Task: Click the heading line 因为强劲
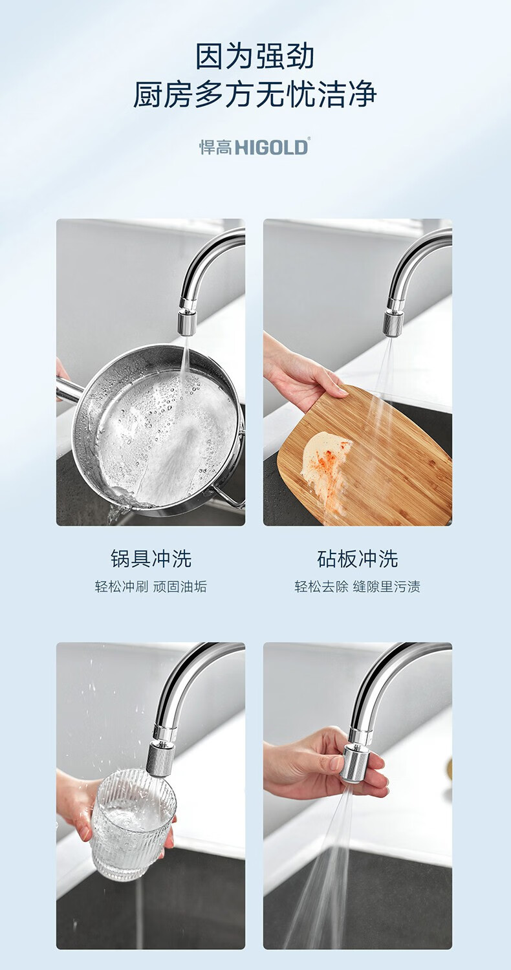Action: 255,56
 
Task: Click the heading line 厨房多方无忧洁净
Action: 255,94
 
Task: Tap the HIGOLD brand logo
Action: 254,146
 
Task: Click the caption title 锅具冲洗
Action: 151,558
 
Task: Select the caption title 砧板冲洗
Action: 357,558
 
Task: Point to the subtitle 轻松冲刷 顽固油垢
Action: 151,587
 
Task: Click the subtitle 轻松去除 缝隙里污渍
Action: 357,587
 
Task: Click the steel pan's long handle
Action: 69,388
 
